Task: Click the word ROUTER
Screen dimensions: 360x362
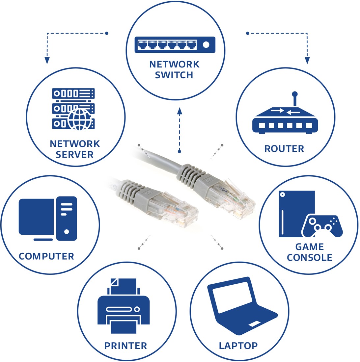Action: pos(284,149)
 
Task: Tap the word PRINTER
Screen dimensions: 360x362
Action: pos(125,346)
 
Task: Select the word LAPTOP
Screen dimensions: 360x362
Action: pos(238,346)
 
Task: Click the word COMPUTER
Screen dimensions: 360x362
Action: pos(46,256)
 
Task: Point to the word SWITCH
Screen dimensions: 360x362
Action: pos(174,75)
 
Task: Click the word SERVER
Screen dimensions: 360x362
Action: pos(74,154)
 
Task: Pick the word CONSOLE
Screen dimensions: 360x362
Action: pos(309,257)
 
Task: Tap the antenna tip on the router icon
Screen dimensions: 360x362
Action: pos(294,94)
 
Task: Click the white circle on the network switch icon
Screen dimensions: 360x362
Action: pos(206,44)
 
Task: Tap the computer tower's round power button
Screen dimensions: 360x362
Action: pos(67,232)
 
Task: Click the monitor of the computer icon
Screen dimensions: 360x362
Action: pos(36,217)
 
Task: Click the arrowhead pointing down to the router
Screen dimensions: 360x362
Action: pos(307,60)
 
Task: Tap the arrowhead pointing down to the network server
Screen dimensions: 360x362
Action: pos(47,60)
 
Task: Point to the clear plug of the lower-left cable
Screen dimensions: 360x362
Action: pos(173,209)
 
